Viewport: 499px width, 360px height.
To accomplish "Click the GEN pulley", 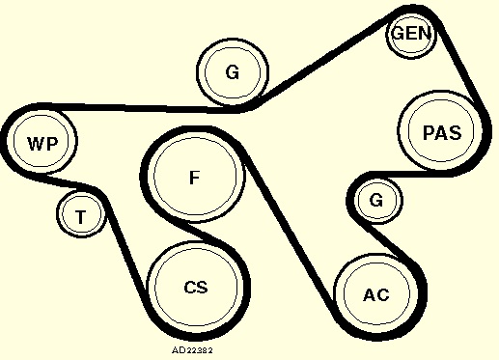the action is click(x=411, y=34).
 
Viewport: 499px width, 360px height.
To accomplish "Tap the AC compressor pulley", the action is click(x=376, y=294).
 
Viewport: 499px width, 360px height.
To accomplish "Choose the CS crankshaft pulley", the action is click(x=196, y=288).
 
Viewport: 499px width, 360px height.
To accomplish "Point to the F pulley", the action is click(x=195, y=177).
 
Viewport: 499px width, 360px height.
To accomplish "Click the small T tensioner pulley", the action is click(x=81, y=214).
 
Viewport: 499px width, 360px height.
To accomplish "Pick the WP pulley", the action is click(x=42, y=142).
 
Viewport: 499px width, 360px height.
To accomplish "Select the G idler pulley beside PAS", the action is click(x=376, y=200).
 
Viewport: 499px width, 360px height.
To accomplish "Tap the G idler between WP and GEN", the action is click(x=233, y=72).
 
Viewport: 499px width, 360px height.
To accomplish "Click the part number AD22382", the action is click(x=192, y=350).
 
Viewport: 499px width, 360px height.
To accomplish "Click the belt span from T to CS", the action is click(x=127, y=243).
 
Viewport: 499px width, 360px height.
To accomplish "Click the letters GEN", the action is click(x=411, y=34).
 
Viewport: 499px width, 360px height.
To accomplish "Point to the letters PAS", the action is click(x=442, y=132).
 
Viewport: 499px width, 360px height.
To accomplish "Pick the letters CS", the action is click(x=196, y=287).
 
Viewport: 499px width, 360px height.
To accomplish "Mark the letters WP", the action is click(x=42, y=144).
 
